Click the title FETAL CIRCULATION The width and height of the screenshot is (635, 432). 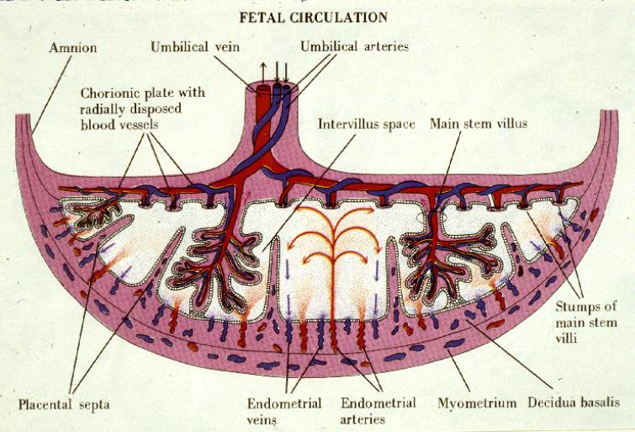point(313,18)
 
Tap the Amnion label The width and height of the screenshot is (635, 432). point(73,48)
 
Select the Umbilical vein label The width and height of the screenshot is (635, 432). point(195,47)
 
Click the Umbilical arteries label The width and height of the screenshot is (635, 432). point(354,46)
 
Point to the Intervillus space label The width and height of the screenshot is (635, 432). point(367,124)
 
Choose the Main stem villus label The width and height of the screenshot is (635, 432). point(479,123)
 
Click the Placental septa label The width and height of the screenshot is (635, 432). point(64,404)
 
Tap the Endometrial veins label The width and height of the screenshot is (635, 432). point(284,411)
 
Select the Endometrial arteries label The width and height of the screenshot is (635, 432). point(378,411)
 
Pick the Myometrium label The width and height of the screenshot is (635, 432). point(477,403)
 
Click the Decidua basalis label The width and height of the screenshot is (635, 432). point(574,403)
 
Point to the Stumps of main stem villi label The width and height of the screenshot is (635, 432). point(586,322)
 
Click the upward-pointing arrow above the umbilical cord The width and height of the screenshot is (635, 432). point(262,73)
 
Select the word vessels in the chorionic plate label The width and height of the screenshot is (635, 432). point(139,125)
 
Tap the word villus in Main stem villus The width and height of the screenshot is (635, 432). point(511,123)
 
